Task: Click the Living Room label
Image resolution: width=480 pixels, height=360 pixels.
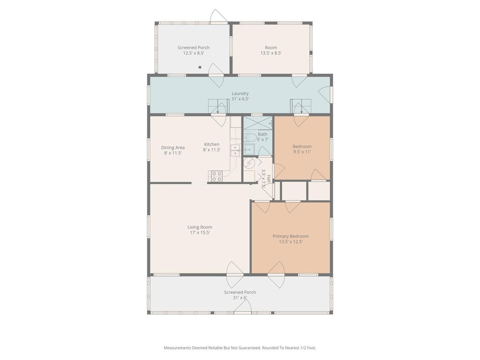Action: pyautogui.click(x=200, y=227)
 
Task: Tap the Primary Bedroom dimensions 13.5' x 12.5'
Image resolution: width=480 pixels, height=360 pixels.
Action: pyautogui.click(x=291, y=241)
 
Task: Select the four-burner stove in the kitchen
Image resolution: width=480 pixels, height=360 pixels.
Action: pyautogui.click(x=217, y=176)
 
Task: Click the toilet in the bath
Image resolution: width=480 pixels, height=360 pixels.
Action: pyautogui.click(x=250, y=137)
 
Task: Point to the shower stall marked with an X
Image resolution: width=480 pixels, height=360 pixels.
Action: pyautogui.click(x=258, y=123)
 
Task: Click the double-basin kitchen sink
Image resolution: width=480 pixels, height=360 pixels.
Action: pyautogui.click(x=235, y=150)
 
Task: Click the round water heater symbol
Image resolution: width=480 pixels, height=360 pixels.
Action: pyautogui.click(x=249, y=163)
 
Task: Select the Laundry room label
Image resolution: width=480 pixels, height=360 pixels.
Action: pyautogui.click(x=240, y=93)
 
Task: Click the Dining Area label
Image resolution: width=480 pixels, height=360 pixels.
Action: pyautogui.click(x=172, y=148)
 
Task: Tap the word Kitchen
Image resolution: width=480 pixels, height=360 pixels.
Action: pyautogui.click(x=212, y=144)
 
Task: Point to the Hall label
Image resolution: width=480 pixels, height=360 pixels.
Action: pyautogui.click(x=269, y=179)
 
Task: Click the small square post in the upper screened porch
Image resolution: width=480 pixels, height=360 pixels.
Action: pyautogui.click(x=200, y=67)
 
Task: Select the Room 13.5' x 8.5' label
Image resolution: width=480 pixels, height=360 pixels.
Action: pyautogui.click(x=271, y=50)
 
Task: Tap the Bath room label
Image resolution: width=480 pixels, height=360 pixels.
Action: pyautogui.click(x=262, y=134)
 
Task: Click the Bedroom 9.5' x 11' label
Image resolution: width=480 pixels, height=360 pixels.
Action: pyautogui.click(x=302, y=149)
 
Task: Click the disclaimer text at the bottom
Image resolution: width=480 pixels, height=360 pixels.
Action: pyautogui.click(x=240, y=348)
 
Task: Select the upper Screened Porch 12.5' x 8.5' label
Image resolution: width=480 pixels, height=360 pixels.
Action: pyautogui.click(x=194, y=50)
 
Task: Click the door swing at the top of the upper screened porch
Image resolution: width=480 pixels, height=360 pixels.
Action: pyautogui.click(x=218, y=15)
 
